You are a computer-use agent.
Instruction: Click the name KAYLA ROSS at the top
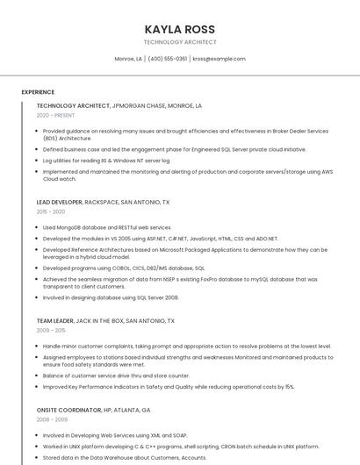coord(179,29)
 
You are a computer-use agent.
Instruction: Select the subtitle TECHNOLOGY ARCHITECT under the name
coord(179,41)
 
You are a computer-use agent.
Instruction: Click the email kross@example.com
coord(219,59)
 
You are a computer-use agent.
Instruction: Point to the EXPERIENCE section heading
coord(38,91)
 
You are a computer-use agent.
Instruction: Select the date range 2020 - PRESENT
coord(55,115)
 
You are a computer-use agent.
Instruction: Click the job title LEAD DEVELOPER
coord(60,202)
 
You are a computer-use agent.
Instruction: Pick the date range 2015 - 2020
coord(51,211)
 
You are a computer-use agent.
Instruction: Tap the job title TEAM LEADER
coord(56,321)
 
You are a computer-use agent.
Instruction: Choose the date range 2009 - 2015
coord(51,331)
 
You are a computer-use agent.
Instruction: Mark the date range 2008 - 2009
coord(51,419)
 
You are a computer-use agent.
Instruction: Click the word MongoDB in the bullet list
coord(66,227)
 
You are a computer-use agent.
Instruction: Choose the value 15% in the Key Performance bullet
coord(289,386)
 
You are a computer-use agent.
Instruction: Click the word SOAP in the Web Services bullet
coord(180,435)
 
